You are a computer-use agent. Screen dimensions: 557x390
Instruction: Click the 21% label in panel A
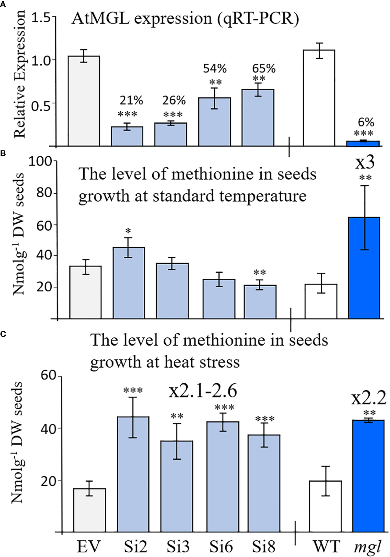tap(131, 101)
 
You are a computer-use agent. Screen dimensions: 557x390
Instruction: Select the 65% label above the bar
tap(264, 69)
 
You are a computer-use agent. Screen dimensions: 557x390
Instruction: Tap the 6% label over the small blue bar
tap(366, 122)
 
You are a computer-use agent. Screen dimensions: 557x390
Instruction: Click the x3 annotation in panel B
tap(365, 162)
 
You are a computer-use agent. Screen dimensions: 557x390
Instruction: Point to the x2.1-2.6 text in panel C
tap(203, 391)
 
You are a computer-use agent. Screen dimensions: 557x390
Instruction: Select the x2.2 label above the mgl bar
tap(369, 398)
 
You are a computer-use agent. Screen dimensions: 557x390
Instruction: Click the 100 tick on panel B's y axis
tap(40, 161)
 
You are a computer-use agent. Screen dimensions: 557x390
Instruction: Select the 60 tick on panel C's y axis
tap(49, 375)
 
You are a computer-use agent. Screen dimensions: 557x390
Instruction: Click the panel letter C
tap(3, 334)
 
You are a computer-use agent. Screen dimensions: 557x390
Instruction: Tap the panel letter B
tap(3, 154)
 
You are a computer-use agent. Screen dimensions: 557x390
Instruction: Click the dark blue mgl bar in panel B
tap(364, 268)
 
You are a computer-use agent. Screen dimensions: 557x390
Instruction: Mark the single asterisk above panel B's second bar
tap(128, 231)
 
